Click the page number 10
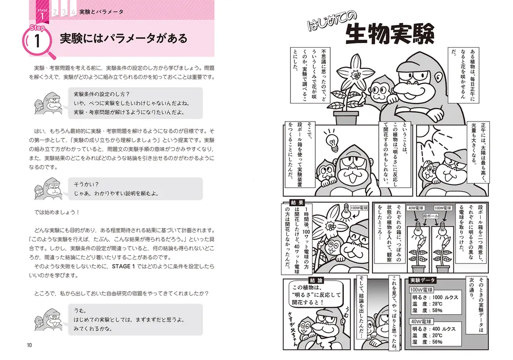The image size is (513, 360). [x=30, y=344]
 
